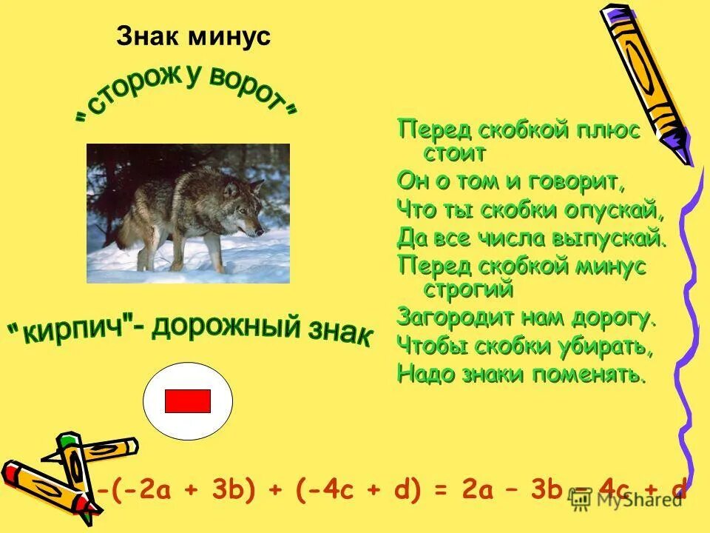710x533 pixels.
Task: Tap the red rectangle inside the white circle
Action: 188,401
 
